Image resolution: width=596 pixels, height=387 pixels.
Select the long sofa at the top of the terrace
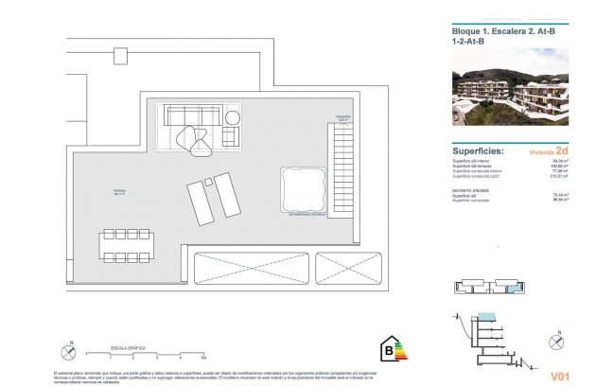pyautogui.click(x=193, y=115)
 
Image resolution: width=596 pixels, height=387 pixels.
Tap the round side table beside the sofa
pyautogui.click(x=233, y=117)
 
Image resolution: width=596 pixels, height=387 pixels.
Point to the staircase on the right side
pyautogui.click(x=342, y=176)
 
